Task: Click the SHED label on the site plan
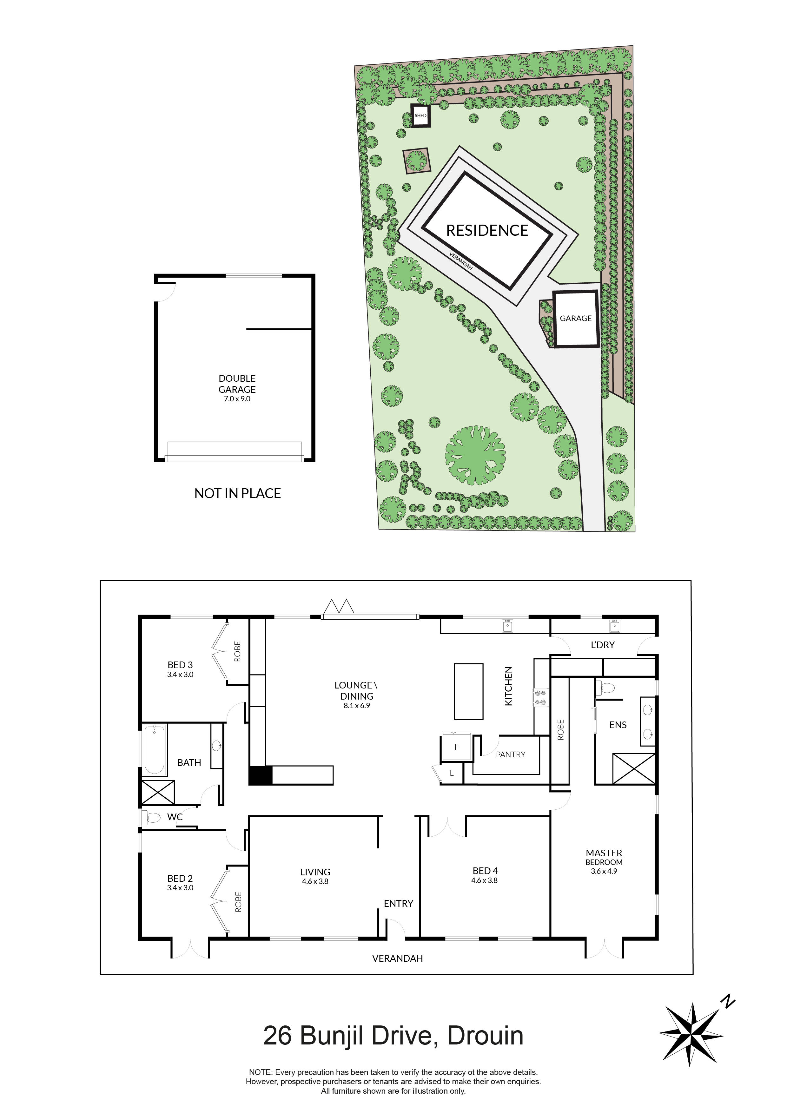420,115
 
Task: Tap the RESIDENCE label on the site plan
487,230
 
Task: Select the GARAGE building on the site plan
576,319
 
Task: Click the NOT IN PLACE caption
238,493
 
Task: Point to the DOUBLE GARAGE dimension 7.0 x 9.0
237,399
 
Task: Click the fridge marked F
456,747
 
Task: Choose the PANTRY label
511,754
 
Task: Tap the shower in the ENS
634,769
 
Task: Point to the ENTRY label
399,904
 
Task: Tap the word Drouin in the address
486,1036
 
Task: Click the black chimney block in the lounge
261,775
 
